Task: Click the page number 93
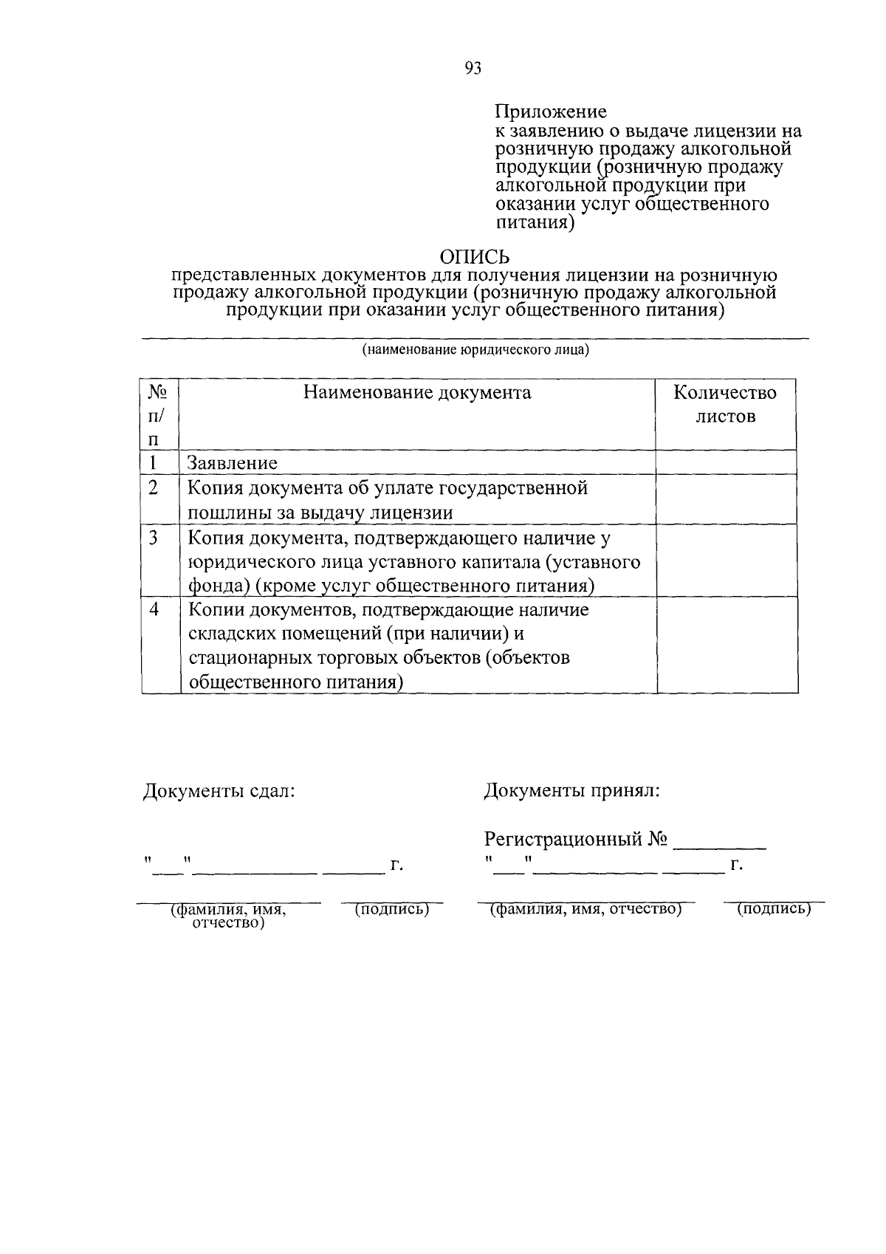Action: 473,69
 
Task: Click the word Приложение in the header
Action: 550,112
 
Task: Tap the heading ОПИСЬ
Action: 475,256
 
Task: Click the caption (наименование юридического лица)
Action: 475,350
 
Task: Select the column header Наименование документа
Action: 417,392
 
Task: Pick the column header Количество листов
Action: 725,404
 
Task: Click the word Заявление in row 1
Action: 232,463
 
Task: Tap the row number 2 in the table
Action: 154,488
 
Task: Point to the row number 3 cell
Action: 154,538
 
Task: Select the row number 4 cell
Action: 154,610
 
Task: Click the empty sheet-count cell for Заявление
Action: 726,462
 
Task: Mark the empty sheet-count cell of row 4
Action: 727,645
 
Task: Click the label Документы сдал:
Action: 219,791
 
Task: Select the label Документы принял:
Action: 571,791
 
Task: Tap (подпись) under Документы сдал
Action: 392,910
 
